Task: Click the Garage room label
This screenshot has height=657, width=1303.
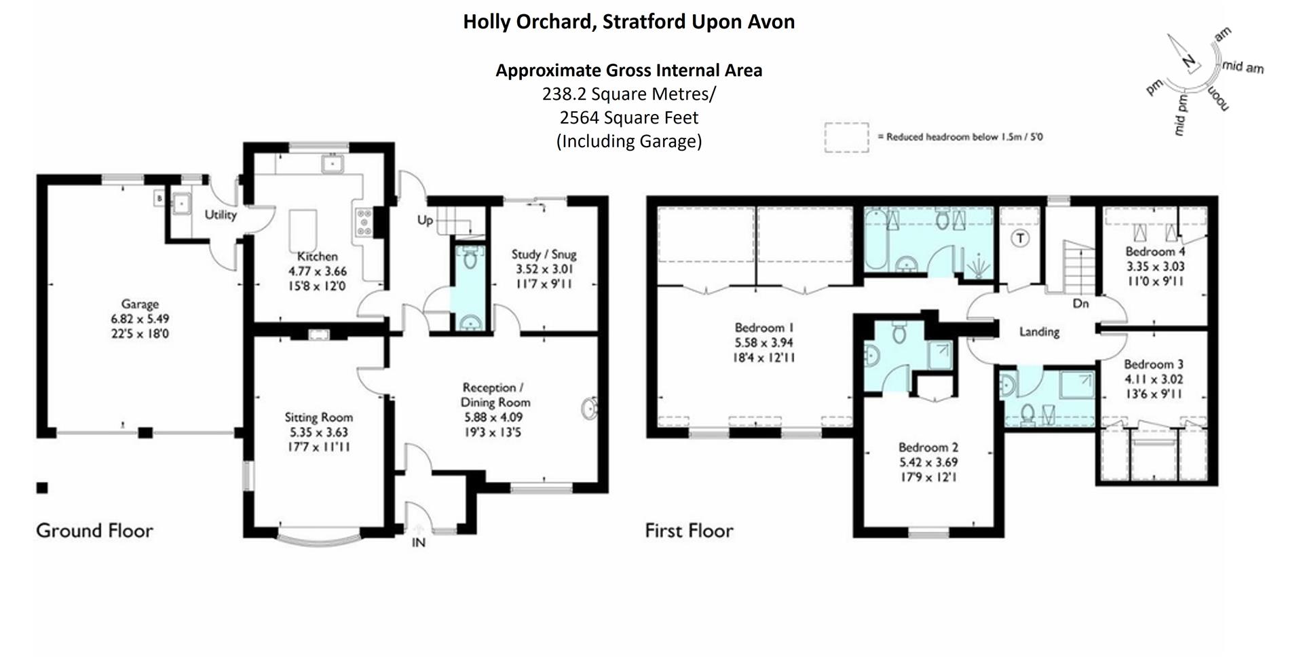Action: [x=140, y=304]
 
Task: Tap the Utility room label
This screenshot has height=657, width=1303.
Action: [x=221, y=215]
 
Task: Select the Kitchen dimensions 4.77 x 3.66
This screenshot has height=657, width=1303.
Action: [x=317, y=271]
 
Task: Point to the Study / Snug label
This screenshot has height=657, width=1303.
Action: [x=544, y=255]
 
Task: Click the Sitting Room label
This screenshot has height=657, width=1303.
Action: [x=318, y=417]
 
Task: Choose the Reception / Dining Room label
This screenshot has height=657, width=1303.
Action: [x=494, y=395]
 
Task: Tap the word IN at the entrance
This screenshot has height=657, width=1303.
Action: [x=419, y=542]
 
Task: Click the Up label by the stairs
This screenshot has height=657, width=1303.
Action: [x=425, y=220]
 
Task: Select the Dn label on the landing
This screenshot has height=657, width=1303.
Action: [x=1080, y=303]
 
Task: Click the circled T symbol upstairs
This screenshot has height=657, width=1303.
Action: [x=1020, y=238]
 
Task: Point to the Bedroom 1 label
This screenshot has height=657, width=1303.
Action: [x=763, y=328]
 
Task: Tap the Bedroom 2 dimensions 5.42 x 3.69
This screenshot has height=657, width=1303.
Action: [x=928, y=462]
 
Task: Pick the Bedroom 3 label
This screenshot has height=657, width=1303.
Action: [x=1153, y=364]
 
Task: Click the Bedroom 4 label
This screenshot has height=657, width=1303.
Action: [x=1155, y=252]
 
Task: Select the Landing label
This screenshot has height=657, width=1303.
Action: [x=1039, y=332]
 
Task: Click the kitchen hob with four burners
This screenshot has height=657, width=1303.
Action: [x=364, y=223]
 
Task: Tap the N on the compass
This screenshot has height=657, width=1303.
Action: [x=1189, y=62]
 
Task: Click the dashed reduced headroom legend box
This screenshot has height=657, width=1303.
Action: [x=846, y=137]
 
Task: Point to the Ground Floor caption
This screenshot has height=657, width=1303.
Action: [x=95, y=530]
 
